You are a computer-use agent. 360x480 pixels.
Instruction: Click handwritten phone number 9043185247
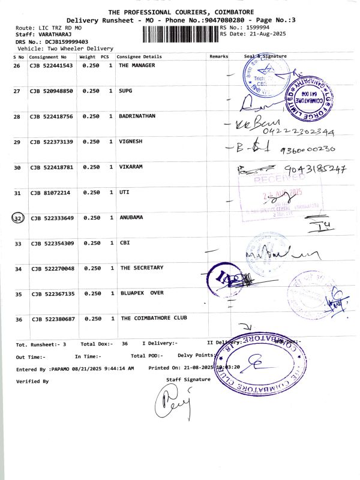[x=316, y=170]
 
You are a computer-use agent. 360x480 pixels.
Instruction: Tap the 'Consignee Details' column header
[x=139, y=56]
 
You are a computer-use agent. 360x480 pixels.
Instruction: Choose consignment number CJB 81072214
[x=49, y=193]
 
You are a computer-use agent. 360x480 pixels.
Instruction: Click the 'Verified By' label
[x=32, y=381]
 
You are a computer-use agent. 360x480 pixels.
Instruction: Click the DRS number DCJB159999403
[x=59, y=42]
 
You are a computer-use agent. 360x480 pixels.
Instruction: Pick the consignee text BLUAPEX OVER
[x=142, y=293]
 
